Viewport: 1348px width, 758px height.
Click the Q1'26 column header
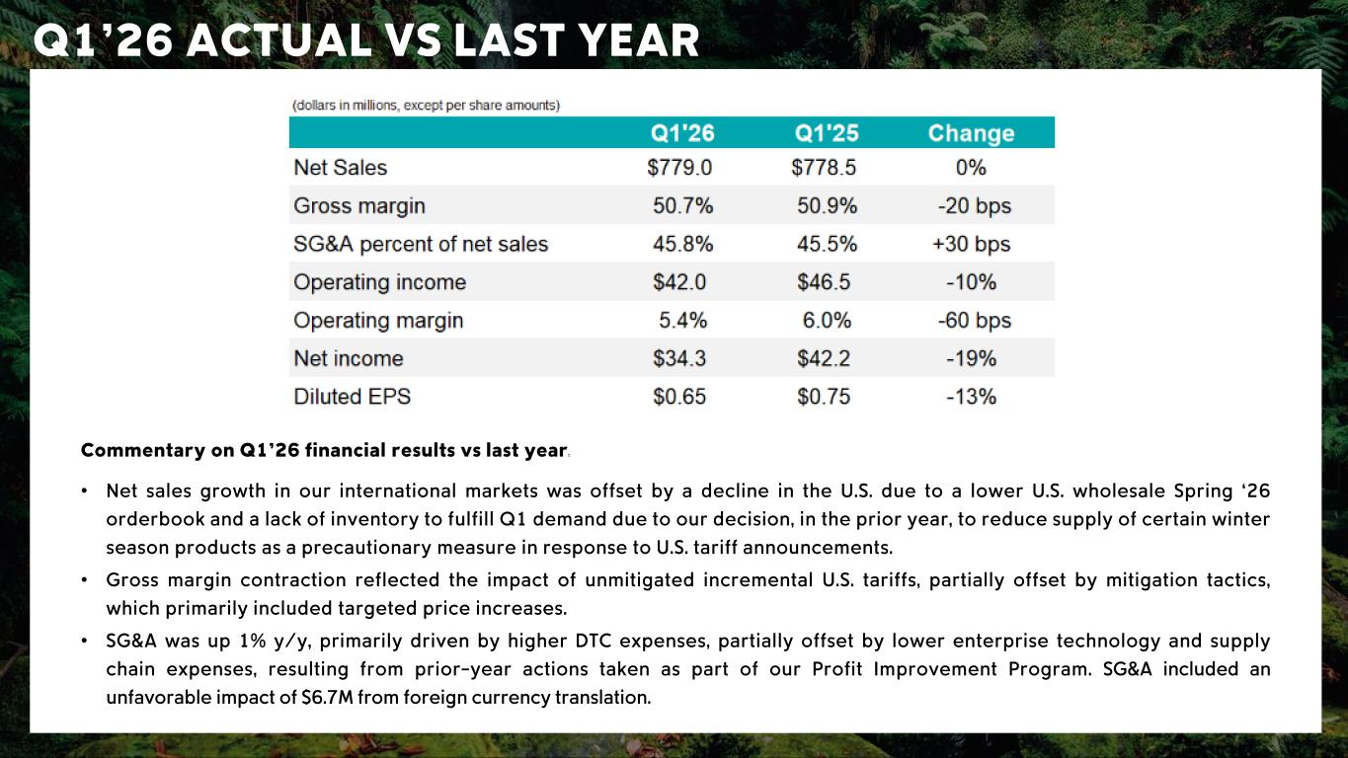[682, 133]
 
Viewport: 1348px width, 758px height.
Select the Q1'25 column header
[827, 133]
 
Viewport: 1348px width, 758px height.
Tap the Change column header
[972, 133]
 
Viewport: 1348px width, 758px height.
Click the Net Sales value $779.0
[679, 167]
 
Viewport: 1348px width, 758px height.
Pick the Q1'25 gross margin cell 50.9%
[827, 205]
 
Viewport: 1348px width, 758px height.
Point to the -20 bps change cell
[975, 205]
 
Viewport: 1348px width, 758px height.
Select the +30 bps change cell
[972, 244]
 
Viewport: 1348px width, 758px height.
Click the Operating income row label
[380, 282]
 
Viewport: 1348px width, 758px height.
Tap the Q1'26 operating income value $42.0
[679, 282]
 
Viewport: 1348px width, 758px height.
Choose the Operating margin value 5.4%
[682, 320]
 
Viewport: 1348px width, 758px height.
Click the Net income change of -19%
[972, 358]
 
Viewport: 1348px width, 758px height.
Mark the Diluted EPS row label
[352, 397]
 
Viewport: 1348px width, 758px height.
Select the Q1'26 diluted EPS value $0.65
[679, 397]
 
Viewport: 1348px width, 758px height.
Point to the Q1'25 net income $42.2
[824, 358]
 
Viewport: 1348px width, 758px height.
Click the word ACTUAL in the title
[280, 40]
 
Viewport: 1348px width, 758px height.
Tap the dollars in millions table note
[426, 106]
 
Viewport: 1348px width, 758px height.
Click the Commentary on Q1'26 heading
[324, 450]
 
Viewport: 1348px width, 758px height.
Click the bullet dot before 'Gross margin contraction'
[85, 580]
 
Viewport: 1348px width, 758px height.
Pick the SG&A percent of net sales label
[421, 244]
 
